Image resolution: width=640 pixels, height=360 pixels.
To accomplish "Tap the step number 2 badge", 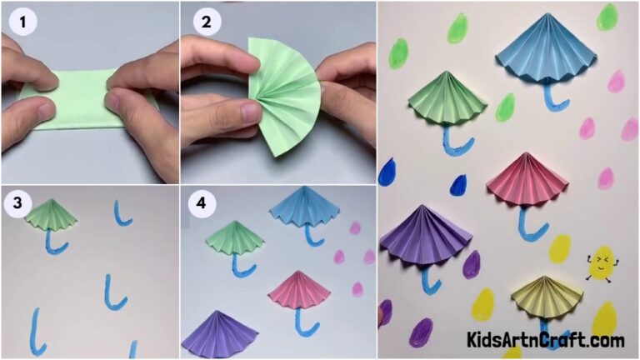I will pyautogui.click(x=206, y=22).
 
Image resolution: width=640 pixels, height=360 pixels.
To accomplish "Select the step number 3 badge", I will pyautogui.click(x=14, y=203).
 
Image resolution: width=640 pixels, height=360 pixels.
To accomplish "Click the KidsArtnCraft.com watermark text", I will pyautogui.click(x=545, y=340).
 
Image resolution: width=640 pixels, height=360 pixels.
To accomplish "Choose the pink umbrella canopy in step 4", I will pyautogui.click(x=299, y=288).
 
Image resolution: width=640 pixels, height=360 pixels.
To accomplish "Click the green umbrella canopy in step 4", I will pyautogui.click(x=234, y=239).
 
